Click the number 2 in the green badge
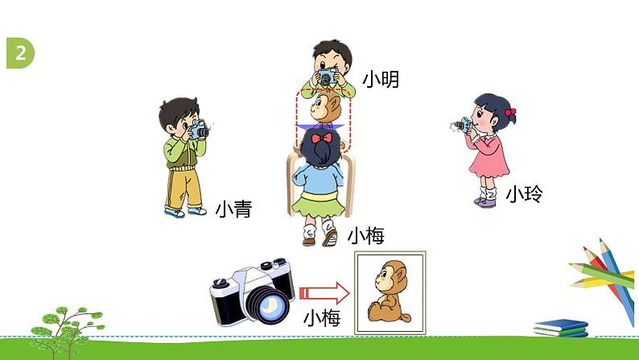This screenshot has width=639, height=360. point(19,52)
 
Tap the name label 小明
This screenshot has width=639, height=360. point(380,80)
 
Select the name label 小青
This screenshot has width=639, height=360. point(233,210)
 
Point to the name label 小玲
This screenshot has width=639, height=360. point(524,194)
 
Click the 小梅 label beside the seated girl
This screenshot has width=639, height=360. point(365,235)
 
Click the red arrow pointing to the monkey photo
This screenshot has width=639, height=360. point(324,292)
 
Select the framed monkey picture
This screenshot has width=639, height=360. point(390,288)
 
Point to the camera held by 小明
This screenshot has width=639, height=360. point(327,77)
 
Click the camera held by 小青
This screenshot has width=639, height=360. point(198,130)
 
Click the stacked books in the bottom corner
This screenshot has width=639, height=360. point(561,327)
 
